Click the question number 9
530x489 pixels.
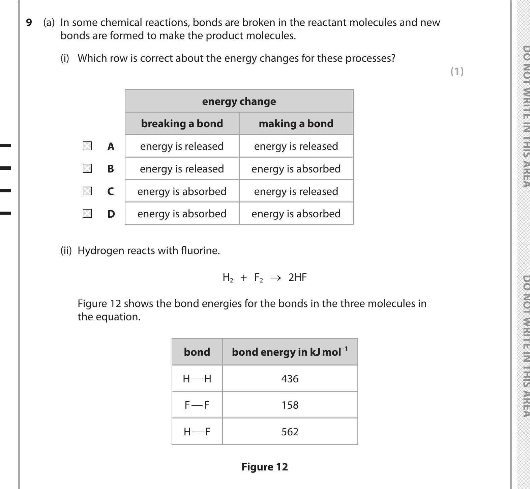29,23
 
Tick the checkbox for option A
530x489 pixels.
87,146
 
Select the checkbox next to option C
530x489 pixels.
87,191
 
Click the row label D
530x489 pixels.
111,214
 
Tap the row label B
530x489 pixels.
111,169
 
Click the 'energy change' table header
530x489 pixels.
239,101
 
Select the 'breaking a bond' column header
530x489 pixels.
182,124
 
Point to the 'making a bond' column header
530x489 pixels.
296,124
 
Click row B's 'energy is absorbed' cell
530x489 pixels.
296,169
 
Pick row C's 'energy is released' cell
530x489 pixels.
296,191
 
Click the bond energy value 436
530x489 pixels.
290,379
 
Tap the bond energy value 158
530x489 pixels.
290,405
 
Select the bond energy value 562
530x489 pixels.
290,432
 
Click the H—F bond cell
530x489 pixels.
197,432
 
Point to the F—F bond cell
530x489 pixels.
197,405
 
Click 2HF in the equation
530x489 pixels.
297,277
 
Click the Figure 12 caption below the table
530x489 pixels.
264,467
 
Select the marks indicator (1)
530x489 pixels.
457,71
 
